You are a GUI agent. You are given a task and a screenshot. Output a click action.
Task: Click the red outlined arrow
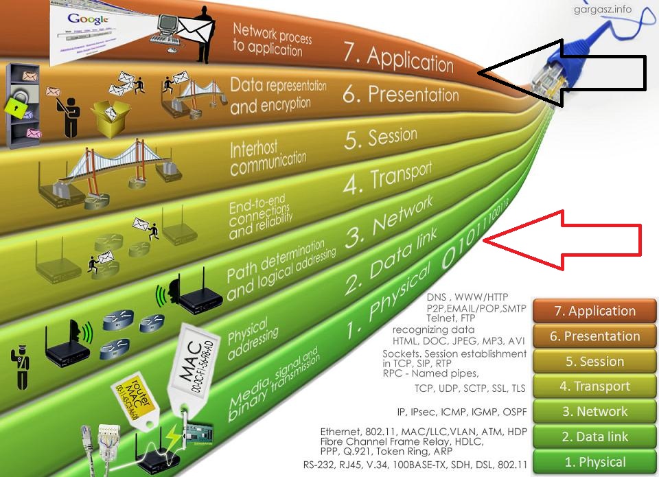pos(570,240)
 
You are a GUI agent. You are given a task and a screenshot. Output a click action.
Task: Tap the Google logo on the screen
pos(89,19)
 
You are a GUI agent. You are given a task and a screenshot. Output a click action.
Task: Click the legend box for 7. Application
pos(594,311)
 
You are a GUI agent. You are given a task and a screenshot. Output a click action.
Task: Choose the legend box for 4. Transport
pos(594,386)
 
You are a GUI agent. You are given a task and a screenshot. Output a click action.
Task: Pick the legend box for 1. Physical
pos(594,462)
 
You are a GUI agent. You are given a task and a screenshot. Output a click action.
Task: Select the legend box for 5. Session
pos(594,362)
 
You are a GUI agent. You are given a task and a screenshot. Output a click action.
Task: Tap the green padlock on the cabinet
pos(15,105)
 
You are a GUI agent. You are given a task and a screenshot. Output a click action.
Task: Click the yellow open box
pos(109,120)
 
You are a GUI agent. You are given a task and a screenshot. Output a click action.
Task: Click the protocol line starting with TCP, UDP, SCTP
pos(470,388)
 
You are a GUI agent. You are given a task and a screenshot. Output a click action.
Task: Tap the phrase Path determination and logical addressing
pos(281,270)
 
